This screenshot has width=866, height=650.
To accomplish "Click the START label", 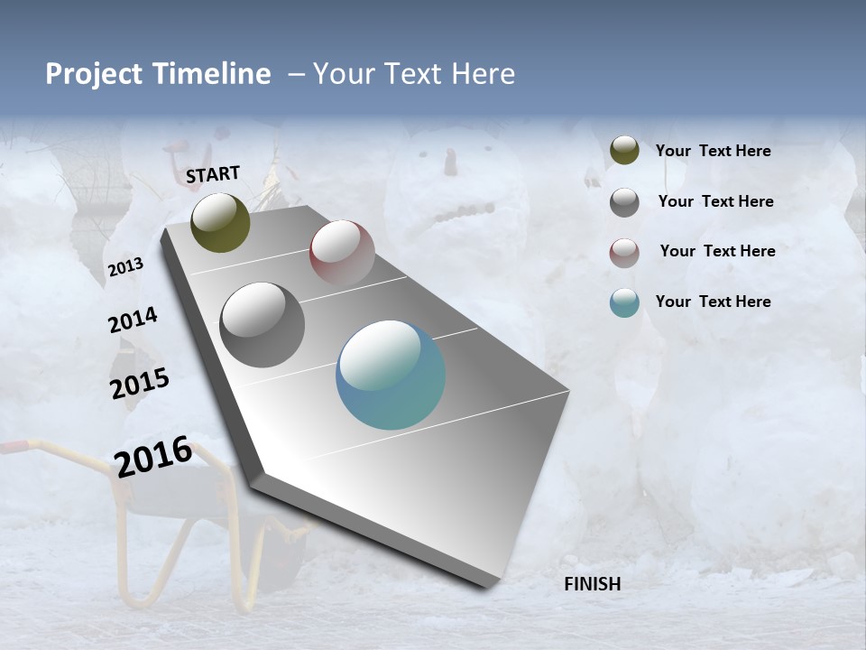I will coord(213,174).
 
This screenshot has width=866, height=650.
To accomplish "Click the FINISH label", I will coord(593,584).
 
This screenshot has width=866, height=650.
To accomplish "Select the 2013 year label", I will coord(125,267).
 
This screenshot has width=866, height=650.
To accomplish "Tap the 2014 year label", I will coord(133,320).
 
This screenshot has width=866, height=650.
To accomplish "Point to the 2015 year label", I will coord(140,384).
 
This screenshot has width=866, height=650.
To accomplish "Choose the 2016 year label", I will coord(153,456).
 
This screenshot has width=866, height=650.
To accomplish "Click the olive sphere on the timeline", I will coord(220,222).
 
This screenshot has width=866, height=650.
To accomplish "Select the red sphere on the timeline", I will coord(342,253).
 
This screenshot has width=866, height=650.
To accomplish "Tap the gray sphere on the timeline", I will coord(263,325).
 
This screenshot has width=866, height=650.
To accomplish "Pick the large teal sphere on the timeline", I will coord(391,376).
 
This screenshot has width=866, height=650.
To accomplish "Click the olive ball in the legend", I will coord(624,151).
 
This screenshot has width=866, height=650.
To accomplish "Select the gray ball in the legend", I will coord(624,202).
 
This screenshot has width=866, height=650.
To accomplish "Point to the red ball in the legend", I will coord(624,253).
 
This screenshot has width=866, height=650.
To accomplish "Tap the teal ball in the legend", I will coord(624,302).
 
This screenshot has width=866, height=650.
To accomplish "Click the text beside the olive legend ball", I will coord(713,151).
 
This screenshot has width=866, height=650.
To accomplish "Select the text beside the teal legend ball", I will coord(713,302).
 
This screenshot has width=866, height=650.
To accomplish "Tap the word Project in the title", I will coord(94,74).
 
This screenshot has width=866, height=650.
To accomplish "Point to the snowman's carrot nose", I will coord(449,162).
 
